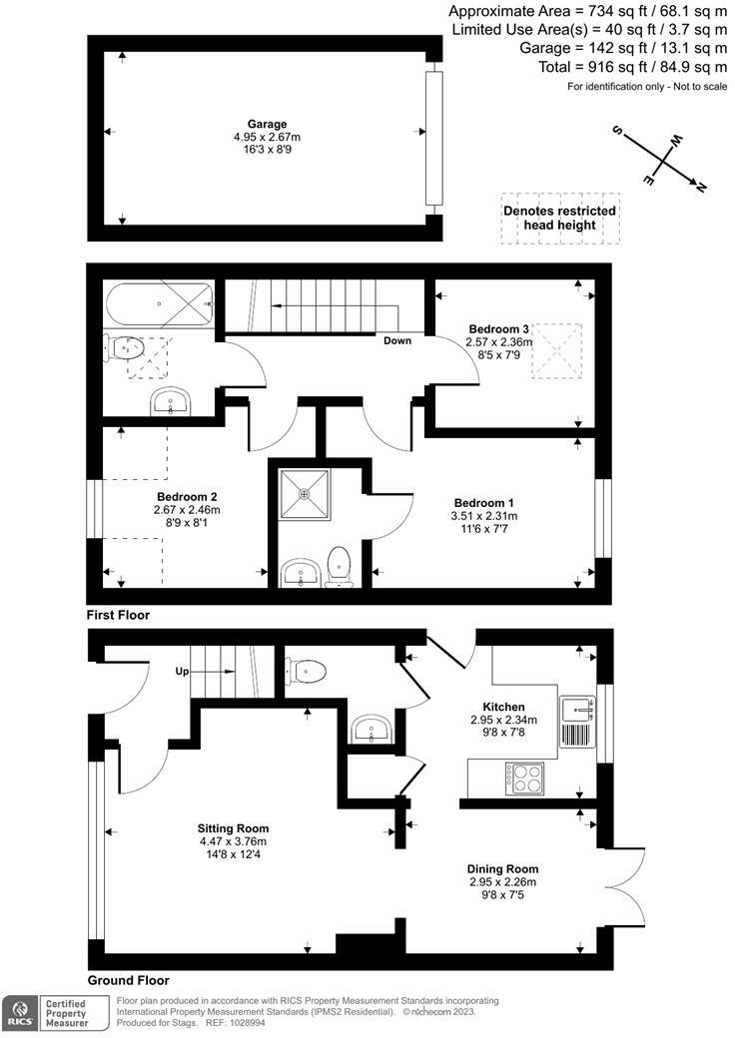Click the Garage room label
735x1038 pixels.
267,124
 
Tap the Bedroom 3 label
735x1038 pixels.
498,329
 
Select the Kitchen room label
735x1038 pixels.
503,707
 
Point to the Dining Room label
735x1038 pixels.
502,869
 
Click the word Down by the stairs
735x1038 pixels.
397,340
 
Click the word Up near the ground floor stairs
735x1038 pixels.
182,672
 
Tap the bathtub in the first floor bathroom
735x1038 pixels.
160,303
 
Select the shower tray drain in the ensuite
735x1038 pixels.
304,493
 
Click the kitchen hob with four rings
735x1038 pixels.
525,778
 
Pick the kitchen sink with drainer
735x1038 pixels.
577,722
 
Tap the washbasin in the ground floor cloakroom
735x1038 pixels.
371,730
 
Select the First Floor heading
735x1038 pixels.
118,615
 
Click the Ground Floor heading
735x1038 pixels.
129,980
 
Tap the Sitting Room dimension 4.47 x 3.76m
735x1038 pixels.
233,841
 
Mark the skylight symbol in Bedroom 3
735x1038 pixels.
557,351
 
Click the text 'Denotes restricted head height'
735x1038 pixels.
559,218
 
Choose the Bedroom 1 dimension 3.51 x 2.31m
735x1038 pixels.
484,516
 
